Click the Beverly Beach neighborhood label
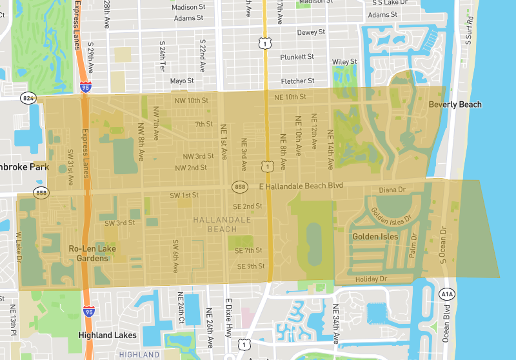455,105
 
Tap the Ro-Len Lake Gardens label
88,253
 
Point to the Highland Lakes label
103,335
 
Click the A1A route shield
446,294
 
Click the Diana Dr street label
392,190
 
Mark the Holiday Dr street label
371,279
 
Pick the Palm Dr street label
413,246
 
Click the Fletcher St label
297,81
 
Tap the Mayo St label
182,81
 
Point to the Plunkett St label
297,57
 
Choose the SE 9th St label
251,266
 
